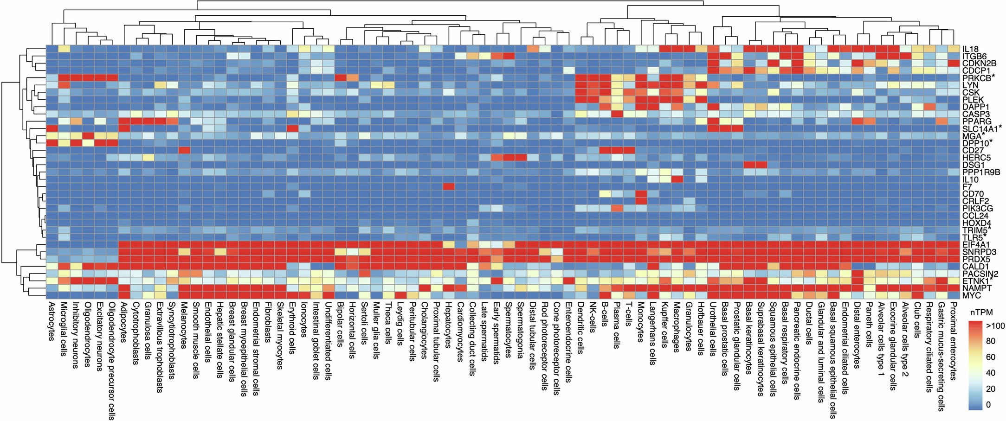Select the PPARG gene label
point(972,121)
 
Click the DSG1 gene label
point(970,165)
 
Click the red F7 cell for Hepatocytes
point(448,186)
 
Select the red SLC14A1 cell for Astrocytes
point(52,128)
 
